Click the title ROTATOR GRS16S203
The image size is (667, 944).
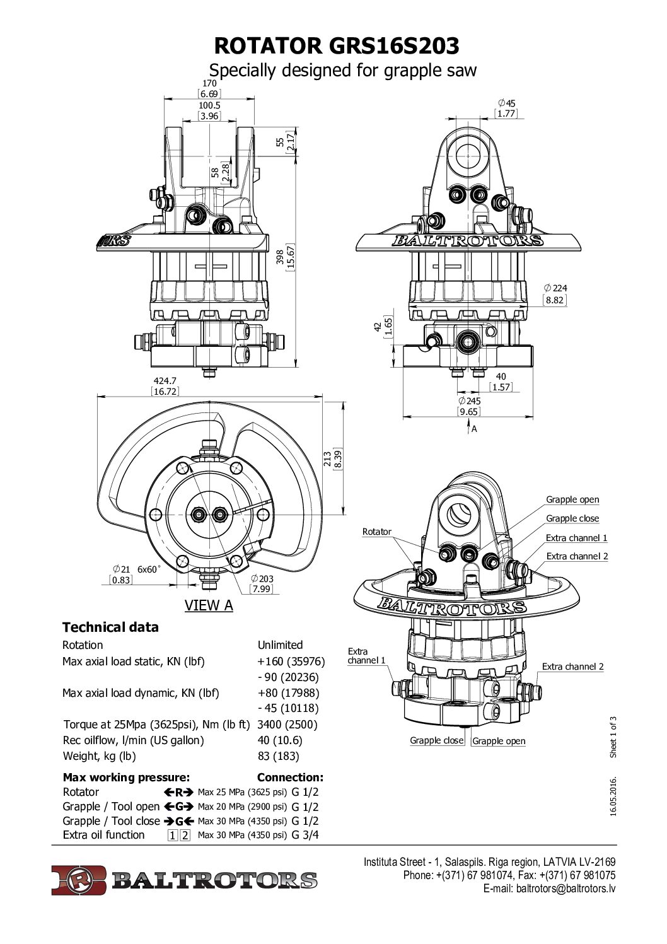click(x=337, y=46)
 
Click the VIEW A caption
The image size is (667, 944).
click(x=209, y=605)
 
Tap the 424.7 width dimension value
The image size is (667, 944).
click(x=165, y=380)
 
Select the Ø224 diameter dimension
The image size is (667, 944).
click(x=555, y=288)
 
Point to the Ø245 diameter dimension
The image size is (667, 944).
click(x=469, y=400)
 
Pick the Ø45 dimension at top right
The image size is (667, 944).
click(x=506, y=103)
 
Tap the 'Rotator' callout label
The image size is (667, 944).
click(x=376, y=532)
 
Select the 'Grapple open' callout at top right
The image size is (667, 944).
click(x=572, y=499)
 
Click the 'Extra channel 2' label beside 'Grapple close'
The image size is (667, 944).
click(x=577, y=556)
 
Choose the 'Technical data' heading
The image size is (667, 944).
click(x=110, y=627)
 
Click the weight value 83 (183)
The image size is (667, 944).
click(x=278, y=756)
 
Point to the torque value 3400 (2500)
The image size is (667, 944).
click(x=287, y=725)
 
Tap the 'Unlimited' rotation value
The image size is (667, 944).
click(x=280, y=645)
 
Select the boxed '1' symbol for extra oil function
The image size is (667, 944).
click(x=172, y=836)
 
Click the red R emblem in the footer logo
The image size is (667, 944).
click(x=79, y=880)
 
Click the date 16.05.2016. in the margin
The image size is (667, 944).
click(x=613, y=797)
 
